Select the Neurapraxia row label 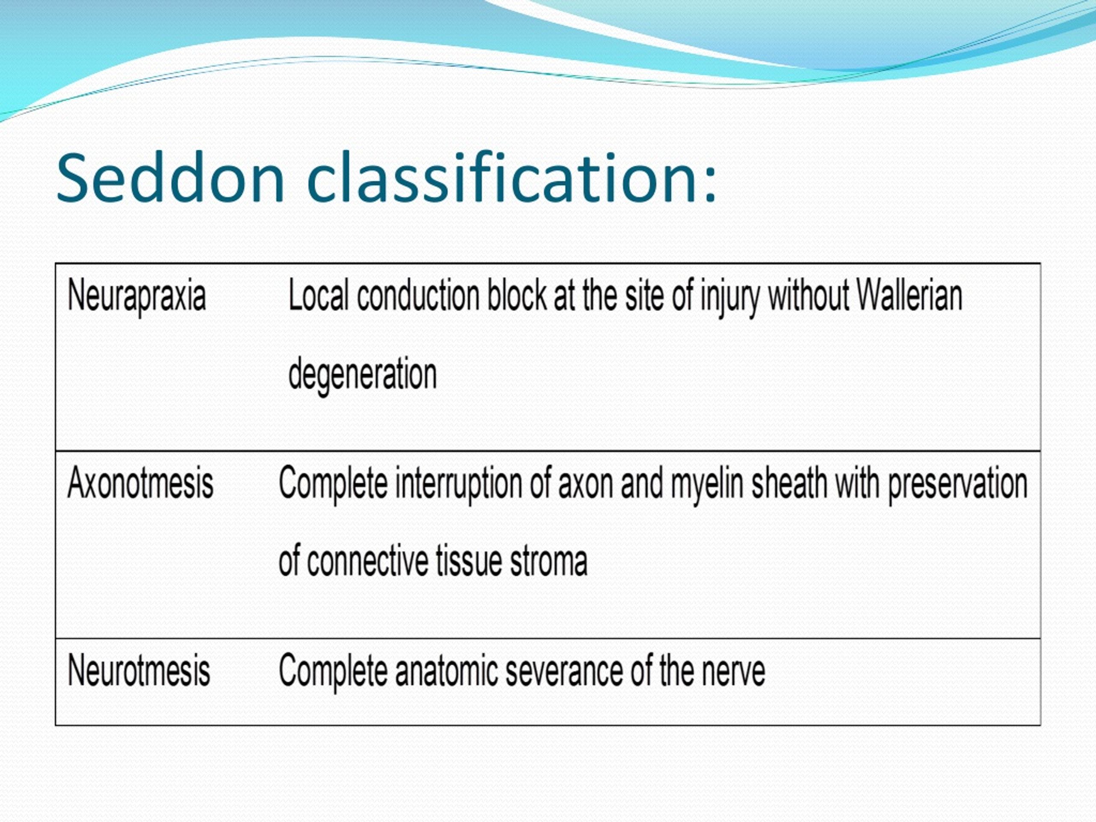(x=137, y=296)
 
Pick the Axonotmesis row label (x=140, y=482)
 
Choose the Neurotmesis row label (x=139, y=670)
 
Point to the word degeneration (x=362, y=375)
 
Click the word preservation (x=958, y=485)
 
